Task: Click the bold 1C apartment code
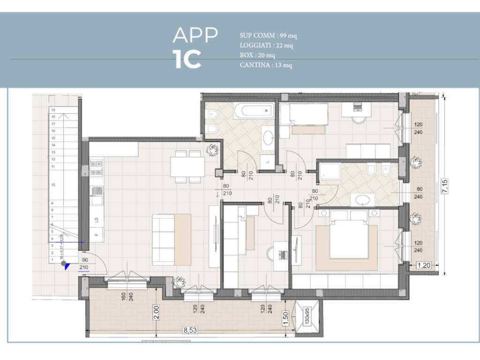[x=187, y=59]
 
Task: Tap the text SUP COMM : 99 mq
[x=268, y=36]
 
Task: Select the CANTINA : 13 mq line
[x=265, y=65]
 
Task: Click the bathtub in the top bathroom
[x=253, y=111]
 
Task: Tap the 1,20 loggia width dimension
[x=424, y=265]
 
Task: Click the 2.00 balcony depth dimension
[x=157, y=312]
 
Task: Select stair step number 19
[x=53, y=109]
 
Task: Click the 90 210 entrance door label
[x=84, y=264]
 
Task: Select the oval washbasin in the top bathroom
[x=269, y=138]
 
